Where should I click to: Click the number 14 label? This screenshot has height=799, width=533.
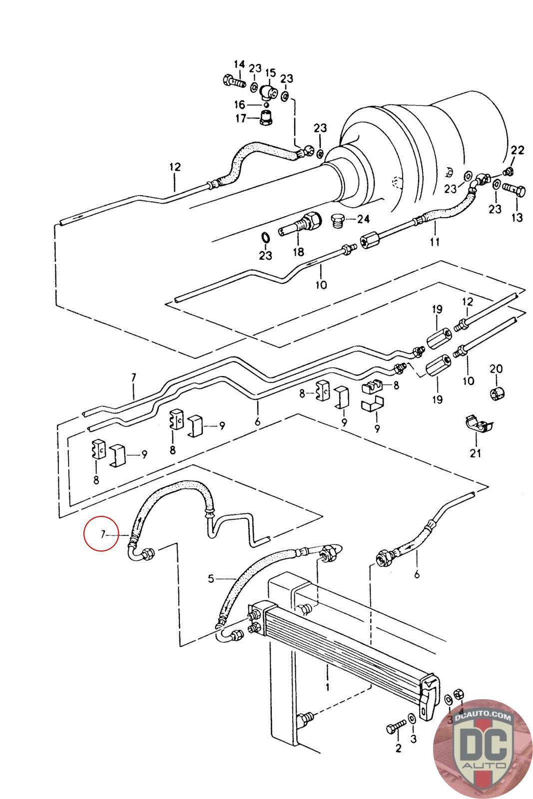point(239,64)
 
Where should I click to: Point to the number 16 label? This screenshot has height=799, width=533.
point(240,104)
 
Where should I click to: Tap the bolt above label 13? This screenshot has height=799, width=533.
point(515,191)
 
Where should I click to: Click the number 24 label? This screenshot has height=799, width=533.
point(363,219)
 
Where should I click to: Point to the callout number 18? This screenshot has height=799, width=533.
point(298,252)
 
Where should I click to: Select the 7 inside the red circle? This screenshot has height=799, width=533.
point(102,535)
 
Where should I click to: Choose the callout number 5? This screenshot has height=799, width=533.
point(211,579)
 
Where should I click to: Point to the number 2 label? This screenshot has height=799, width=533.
point(398,748)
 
